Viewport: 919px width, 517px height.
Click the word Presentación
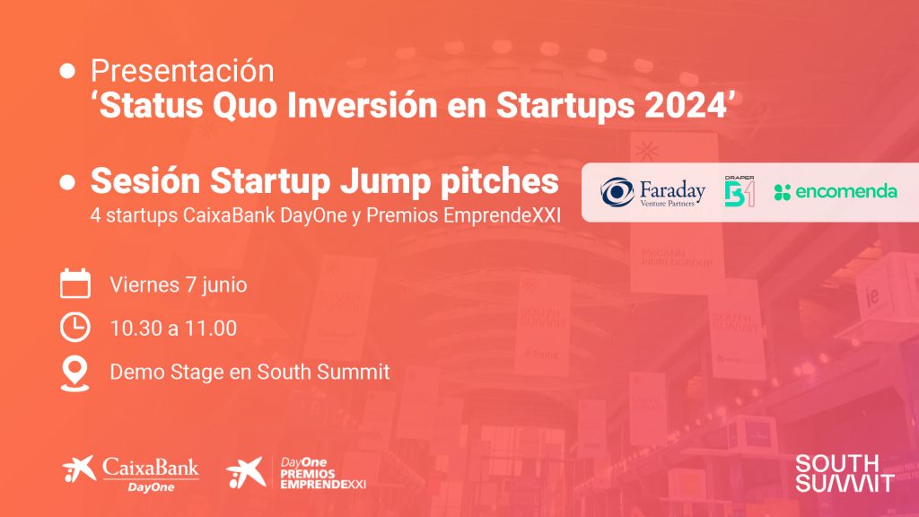click(x=182, y=72)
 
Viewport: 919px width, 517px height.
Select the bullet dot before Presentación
click(x=67, y=71)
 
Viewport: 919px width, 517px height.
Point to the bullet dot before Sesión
click(x=67, y=181)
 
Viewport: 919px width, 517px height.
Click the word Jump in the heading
click(x=386, y=181)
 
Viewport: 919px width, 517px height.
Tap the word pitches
click(x=500, y=181)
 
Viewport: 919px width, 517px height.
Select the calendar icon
click(x=75, y=284)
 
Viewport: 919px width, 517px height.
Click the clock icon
click(x=75, y=327)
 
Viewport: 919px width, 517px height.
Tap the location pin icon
click(x=75, y=373)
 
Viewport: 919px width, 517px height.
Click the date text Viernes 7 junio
click(x=179, y=285)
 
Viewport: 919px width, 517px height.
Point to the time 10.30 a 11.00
click(x=173, y=329)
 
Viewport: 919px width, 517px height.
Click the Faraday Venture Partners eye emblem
click(x=617, y=192)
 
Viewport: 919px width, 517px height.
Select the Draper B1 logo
click(x=740, y=191)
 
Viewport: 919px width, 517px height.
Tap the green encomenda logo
click(x=836, y=192)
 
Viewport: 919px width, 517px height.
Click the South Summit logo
click(x=845, y=473)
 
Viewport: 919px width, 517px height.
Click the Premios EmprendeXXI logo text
click(x=323, y=474)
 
